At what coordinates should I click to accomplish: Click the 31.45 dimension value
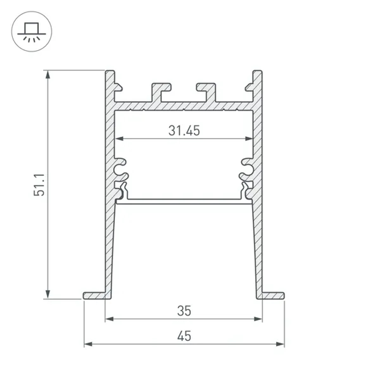coord(184,131)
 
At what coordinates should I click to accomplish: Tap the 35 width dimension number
coord(184,311)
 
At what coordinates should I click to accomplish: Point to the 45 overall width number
coord(184,336)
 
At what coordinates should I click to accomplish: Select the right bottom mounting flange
coord(273,295)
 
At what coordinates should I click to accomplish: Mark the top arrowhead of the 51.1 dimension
coord(47,75)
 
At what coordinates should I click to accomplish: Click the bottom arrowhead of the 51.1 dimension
coord(47,294)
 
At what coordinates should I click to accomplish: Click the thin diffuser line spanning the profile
coord(184,201)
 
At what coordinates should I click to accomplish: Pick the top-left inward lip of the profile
coord(118,87)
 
